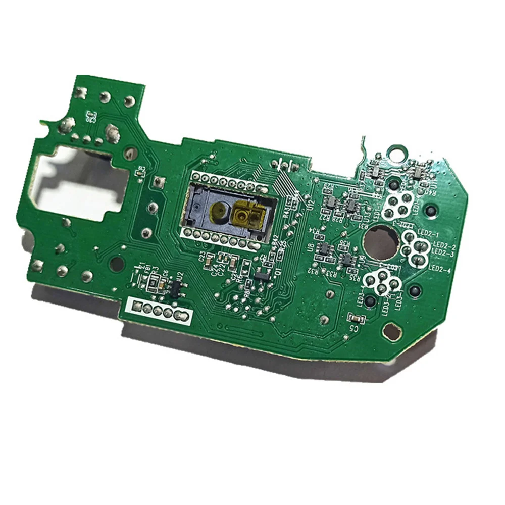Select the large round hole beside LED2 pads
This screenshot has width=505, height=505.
[381, 242]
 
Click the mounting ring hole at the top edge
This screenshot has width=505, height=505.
[396, 150]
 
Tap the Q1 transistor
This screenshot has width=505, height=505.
[262, 276]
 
